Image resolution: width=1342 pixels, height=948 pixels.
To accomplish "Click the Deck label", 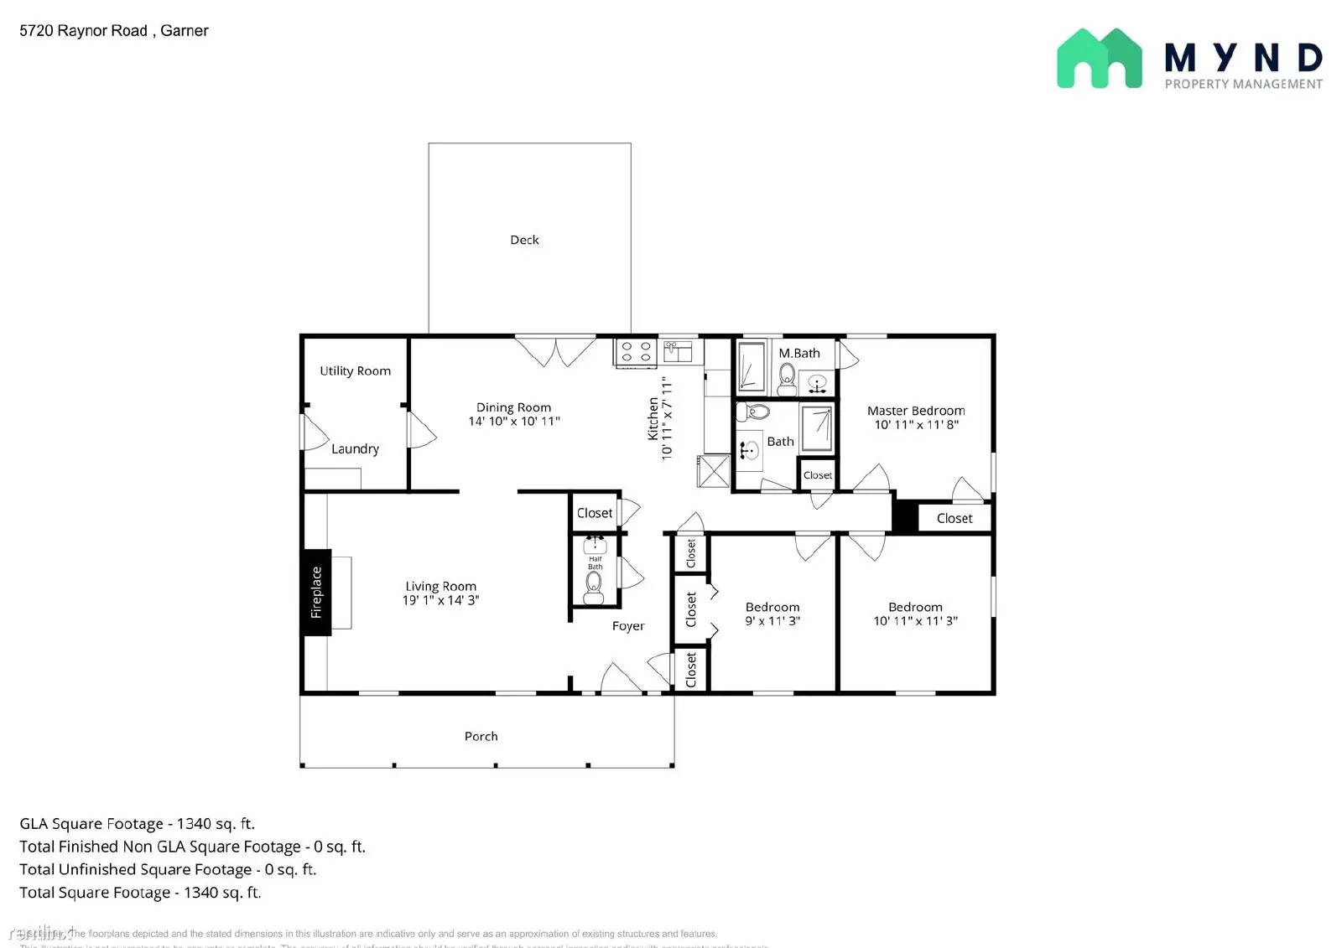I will (x=524, y=240).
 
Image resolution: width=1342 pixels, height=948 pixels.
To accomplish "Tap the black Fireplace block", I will (x=316, y=592).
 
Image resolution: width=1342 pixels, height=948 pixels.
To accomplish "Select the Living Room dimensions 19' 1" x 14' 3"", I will (x=440, y=600).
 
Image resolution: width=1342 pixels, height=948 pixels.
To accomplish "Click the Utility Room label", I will (x=355, y=370).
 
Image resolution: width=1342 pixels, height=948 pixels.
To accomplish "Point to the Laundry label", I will (x=355, y=448).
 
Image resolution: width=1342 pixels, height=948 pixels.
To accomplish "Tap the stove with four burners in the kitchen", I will (x=636, y=352).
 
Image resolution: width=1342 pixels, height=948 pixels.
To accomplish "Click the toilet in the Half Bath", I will (x=594, y=587).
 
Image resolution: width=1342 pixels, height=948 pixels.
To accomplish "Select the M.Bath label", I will (x=798, y=353).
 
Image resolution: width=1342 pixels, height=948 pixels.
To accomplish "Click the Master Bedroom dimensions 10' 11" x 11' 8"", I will (x=916, y=424).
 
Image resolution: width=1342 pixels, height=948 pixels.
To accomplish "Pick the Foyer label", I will (x=627, y=626).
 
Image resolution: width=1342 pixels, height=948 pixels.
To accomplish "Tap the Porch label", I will (x=481, y=736).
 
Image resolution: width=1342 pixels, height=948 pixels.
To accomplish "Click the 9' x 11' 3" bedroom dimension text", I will (x=772, y=621).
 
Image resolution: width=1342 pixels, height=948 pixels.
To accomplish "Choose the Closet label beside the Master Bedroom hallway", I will (x=954, y=518).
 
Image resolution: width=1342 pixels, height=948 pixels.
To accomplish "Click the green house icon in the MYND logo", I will (x=1099, y=59).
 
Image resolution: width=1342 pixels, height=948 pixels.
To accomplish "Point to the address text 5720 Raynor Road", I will (x=84, y=31).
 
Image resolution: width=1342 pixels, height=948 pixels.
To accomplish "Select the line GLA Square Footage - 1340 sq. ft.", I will (x=137, y=824).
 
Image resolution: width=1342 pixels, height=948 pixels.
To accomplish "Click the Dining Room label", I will (x=513, y=407).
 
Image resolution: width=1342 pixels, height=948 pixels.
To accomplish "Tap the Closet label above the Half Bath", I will (x=594, y=513).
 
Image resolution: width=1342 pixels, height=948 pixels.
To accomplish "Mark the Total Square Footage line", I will (x=140, y=893).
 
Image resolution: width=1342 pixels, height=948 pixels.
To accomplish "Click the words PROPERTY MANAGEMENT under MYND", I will (x=1243, y=84).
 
